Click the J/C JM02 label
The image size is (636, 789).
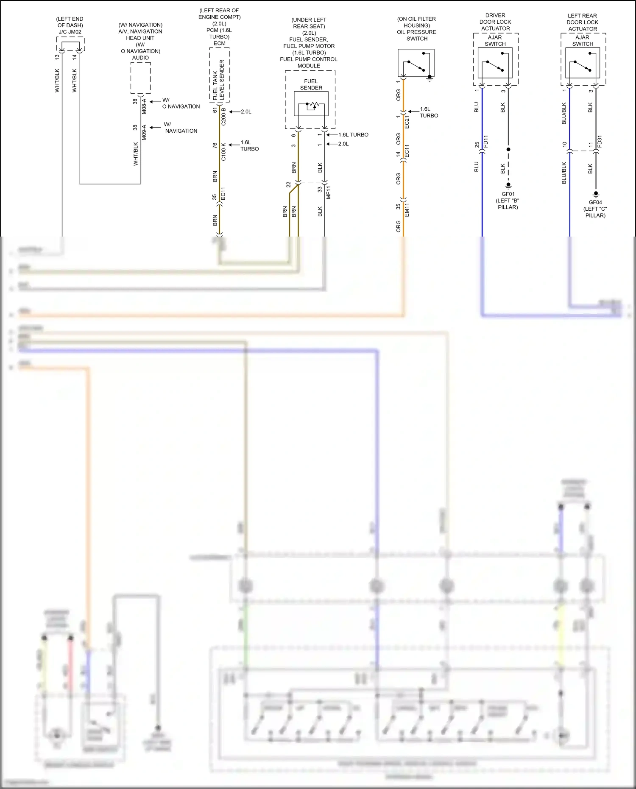click(70, 32)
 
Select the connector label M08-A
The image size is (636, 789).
click(144, 106)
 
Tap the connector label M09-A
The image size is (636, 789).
click(144, 132)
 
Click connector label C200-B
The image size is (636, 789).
click(224, 116)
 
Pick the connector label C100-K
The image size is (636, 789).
click(224, 152)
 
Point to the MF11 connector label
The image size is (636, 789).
click(329, 192)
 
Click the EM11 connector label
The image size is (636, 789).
click(407, 210)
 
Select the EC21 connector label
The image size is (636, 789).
click(407, 122)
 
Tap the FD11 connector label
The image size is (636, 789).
click(486, 141)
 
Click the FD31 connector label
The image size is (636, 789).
click(600, 141)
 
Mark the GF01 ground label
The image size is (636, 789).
click(508, 194)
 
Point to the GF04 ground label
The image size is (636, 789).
click(595, 202)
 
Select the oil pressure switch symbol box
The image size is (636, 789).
click(416, 63)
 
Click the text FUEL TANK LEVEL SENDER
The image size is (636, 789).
click(218, 80)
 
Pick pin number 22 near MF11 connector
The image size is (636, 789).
click(289, 185)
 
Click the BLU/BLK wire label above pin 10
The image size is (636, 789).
click(564, 113)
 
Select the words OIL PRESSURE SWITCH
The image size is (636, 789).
click(416, 35)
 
